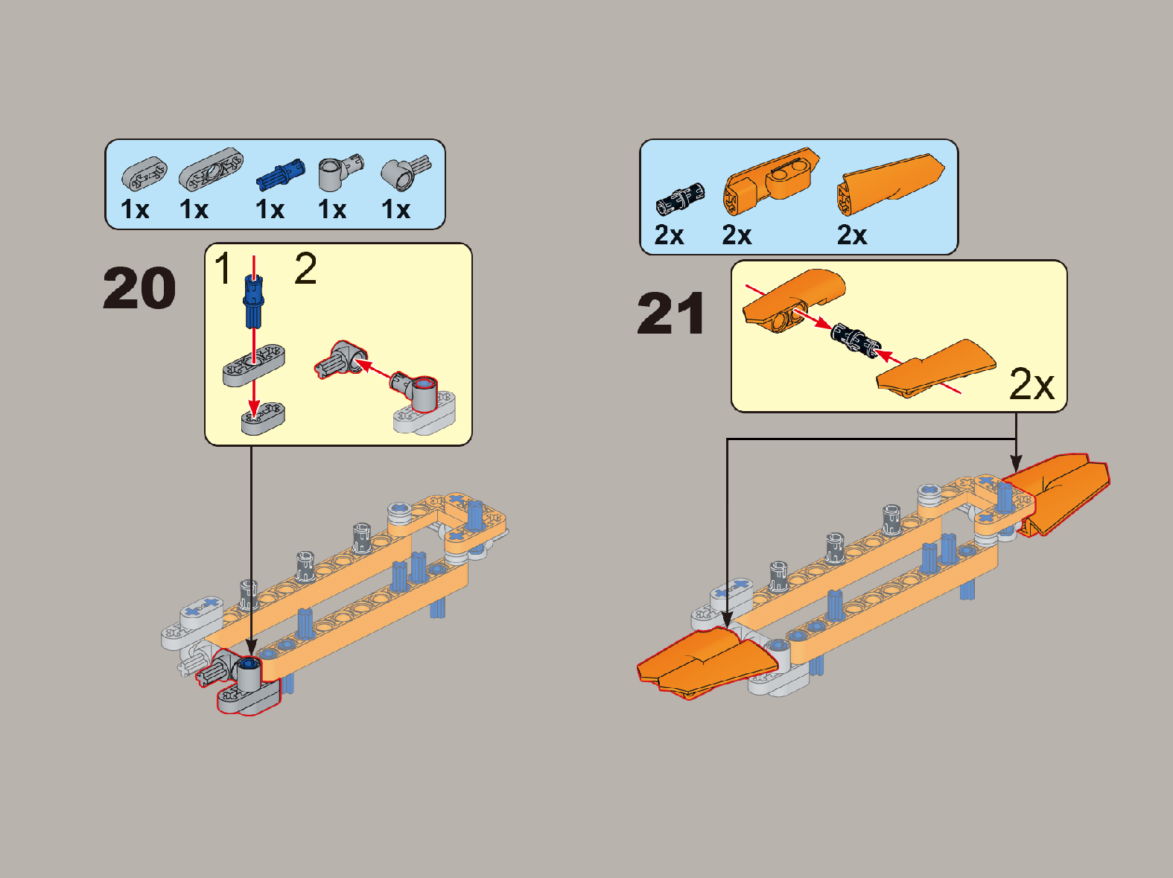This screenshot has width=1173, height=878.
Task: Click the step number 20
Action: point(139,288)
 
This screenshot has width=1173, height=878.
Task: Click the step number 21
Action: point(671,314)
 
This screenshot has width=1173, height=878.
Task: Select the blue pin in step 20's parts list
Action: point(281,174)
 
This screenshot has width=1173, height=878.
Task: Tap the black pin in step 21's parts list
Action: point(680,199)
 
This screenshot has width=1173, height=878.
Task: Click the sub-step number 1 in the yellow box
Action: point(223,268)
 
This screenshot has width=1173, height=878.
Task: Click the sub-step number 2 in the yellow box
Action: point(305,268)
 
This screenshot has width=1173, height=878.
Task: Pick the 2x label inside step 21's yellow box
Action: point(1031,384)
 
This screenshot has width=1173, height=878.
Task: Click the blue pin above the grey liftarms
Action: point(253,301)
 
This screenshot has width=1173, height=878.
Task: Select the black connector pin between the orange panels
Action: point(855,340)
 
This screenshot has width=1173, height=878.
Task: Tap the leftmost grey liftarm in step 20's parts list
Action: point(144,174)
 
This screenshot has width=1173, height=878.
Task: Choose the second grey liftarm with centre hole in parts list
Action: point(211,169)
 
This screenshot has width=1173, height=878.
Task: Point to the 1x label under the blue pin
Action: point(270,209)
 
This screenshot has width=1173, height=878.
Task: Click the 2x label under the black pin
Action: point(669,235)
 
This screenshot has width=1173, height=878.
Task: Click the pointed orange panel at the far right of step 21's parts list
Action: point(890,185)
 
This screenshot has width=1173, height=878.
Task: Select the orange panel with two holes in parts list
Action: point(771,181)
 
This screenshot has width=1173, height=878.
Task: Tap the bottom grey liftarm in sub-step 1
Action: point(263,419)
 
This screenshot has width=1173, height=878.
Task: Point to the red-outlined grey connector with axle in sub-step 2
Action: point(341,359)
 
